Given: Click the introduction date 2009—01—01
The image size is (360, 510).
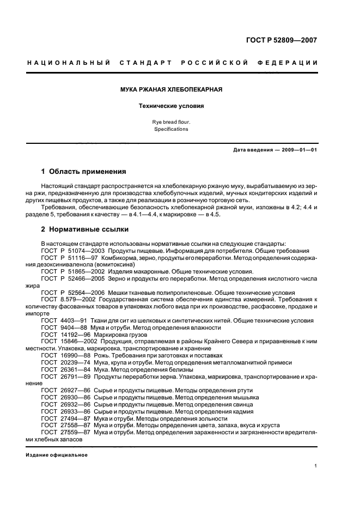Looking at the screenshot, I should click(296, 150).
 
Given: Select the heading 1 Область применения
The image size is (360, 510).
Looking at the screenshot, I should click(84, 171).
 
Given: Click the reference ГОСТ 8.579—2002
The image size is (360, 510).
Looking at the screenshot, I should click(63, 300).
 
